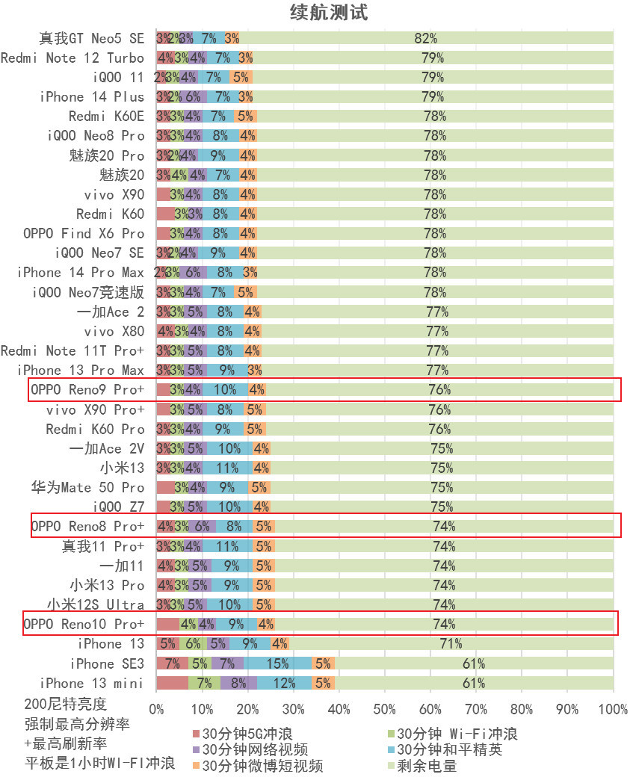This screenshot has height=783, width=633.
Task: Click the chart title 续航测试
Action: click(x=329, y=13)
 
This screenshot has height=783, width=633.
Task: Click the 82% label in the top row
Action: click(x=425, y=38)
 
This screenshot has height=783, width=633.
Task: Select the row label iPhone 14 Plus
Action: click(x=92, y=96)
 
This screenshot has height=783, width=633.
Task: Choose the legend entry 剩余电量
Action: click(x=426, y=766)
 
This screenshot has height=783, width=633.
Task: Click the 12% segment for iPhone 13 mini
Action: click(x=284, y=683)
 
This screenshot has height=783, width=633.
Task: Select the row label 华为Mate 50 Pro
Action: click(x=87, y=487)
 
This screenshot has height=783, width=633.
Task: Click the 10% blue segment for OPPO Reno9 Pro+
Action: click(x=225, y=389)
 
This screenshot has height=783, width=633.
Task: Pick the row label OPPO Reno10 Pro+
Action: click(x=84, y=624)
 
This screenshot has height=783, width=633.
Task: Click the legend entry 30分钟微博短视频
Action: click(x=262, y=766)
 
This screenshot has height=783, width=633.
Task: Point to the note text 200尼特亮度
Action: click(x=66, y=704)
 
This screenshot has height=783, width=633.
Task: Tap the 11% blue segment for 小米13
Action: click(x=227, y=468)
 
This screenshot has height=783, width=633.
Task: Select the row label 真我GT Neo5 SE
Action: click(x=91, y=37)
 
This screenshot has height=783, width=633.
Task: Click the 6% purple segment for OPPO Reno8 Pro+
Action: click(x=202, y=526)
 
